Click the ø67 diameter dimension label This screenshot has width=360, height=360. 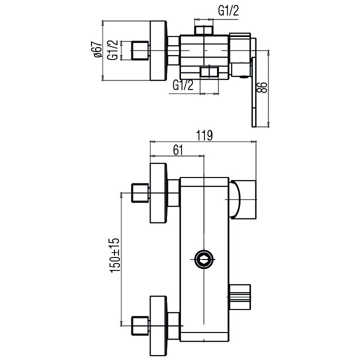click(97, 50)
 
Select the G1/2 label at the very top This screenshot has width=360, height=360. click(227, 11)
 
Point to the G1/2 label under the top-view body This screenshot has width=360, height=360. click(183, 84)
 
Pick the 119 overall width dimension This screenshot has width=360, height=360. click(204, 135)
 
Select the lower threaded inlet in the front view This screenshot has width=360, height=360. click(140, 325)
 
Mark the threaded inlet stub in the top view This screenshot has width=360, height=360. click(140, 51)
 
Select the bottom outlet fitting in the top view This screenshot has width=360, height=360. click(209, 72)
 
